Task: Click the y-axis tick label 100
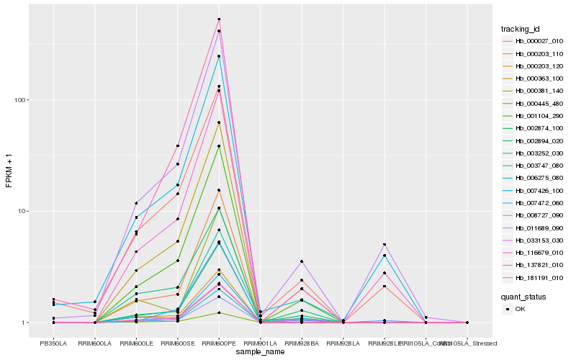click(22, 99)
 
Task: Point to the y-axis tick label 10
click(24, 211)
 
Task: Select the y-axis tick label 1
click(27, 323)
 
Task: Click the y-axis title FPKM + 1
click(9, 172)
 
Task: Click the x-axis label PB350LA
click(53, 343)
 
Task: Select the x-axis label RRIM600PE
click(219, 343)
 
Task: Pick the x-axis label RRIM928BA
click(302, 343)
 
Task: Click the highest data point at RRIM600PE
click(219, 19)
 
